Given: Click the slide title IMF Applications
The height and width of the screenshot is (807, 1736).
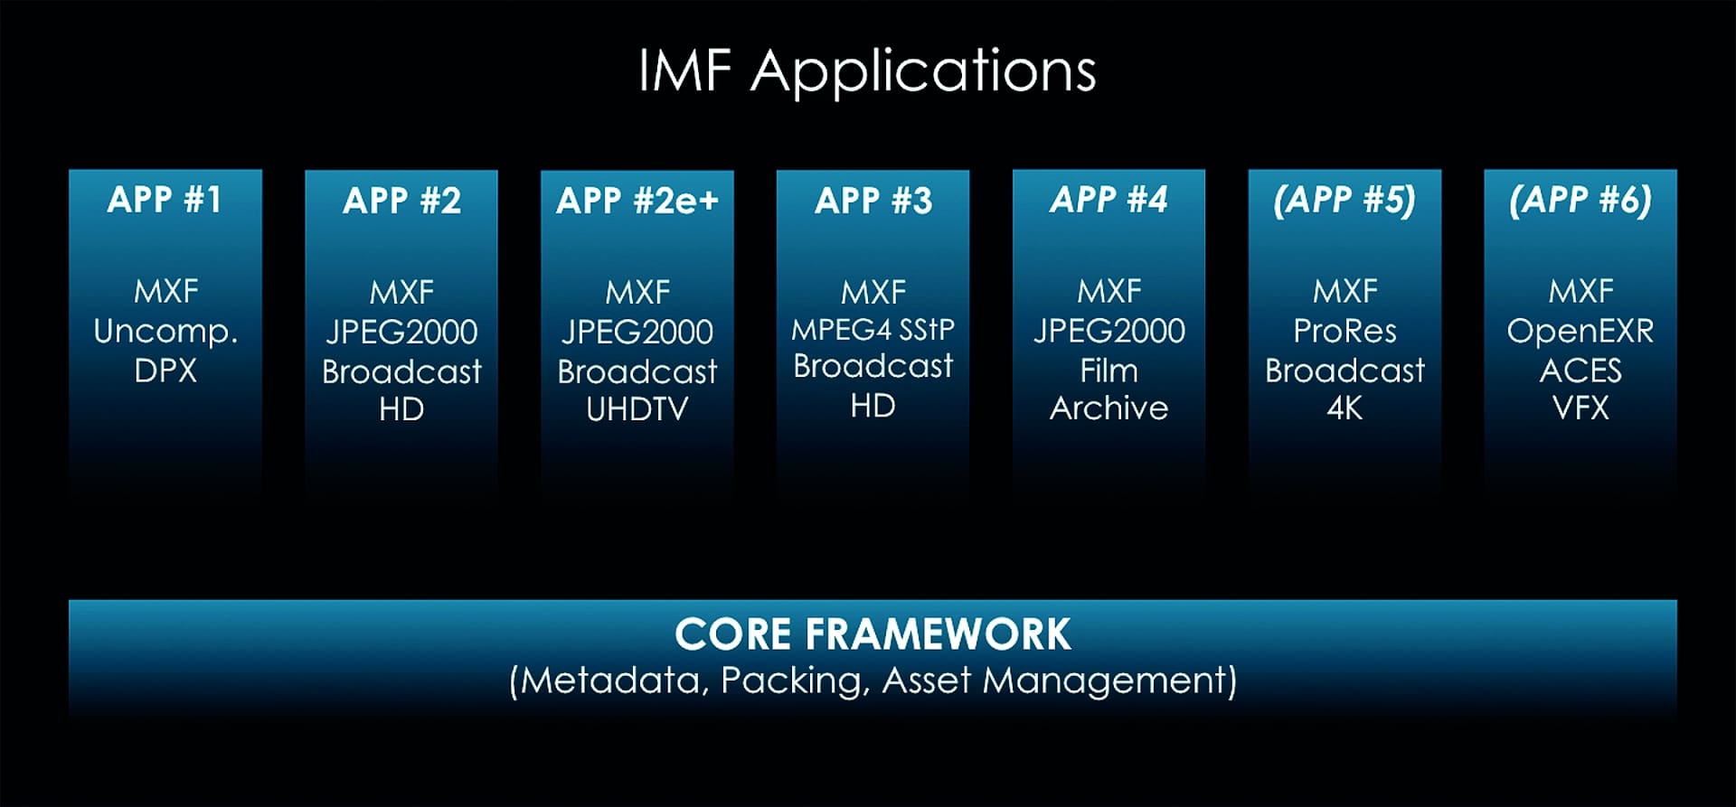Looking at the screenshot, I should [x=867, y=70].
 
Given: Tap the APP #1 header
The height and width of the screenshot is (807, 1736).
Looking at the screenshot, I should [x=165, y=200].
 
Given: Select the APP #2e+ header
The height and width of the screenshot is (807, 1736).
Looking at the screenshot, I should [x=637, y=201].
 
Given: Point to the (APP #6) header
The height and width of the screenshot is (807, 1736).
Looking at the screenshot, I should [x=1580, y=200].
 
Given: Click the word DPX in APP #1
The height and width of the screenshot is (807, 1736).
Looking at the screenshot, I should [x=165, y=371].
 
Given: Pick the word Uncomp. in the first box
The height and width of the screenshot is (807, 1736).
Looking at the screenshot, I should [x=165, y=332].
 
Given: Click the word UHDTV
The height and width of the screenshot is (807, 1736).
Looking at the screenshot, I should [x=637, y=409].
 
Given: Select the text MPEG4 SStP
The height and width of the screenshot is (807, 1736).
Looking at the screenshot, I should [x=873, y=330].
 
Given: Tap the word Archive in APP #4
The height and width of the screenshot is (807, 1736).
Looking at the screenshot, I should [x=1109, y=408].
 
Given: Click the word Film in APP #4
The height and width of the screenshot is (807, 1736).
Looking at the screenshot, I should [x=1109, y=371].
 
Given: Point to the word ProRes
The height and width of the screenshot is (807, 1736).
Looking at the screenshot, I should [x=1344, y=331].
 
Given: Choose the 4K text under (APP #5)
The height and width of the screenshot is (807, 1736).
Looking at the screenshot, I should [x=1344, y=408].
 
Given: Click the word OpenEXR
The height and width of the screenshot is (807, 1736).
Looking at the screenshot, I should [x=1580, y=331].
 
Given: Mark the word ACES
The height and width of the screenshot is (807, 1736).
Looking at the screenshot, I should [x=1580, y=371].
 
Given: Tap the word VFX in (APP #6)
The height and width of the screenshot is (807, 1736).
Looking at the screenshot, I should [x=1580, y=408].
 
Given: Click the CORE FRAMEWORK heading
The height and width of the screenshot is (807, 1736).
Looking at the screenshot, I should [x=873, y=634].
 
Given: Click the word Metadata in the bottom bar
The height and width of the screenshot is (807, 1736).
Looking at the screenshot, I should [x=613, y=680].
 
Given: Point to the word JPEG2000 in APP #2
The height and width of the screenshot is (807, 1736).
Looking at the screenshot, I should [x=401, y=332].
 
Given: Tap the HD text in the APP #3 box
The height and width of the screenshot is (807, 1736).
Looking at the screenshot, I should [x=873, y=406].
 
